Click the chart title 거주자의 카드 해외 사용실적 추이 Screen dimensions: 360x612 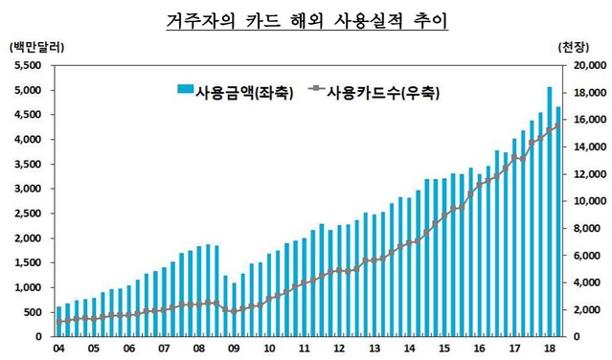point(306,19)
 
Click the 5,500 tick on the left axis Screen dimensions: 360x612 point(28,65)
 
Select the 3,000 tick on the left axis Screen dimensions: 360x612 point(28,189)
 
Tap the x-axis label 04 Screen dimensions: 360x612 point(59,349)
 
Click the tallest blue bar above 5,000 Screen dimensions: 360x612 point(550,211)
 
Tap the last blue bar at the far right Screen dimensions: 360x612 point(558,222)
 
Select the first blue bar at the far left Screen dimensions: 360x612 point(59,322)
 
